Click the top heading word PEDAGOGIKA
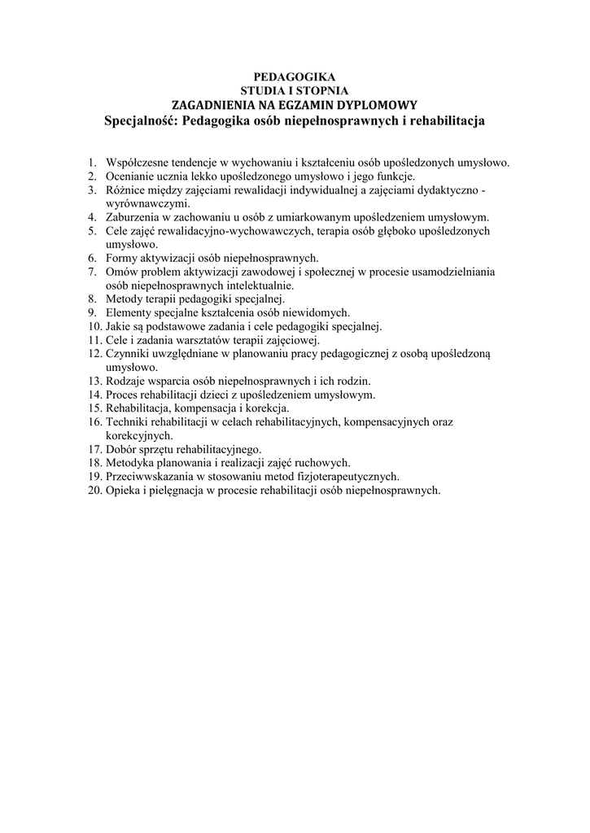[295, 76]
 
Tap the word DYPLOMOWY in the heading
[377, 105]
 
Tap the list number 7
[93, 273]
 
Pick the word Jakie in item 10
[118, 326]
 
